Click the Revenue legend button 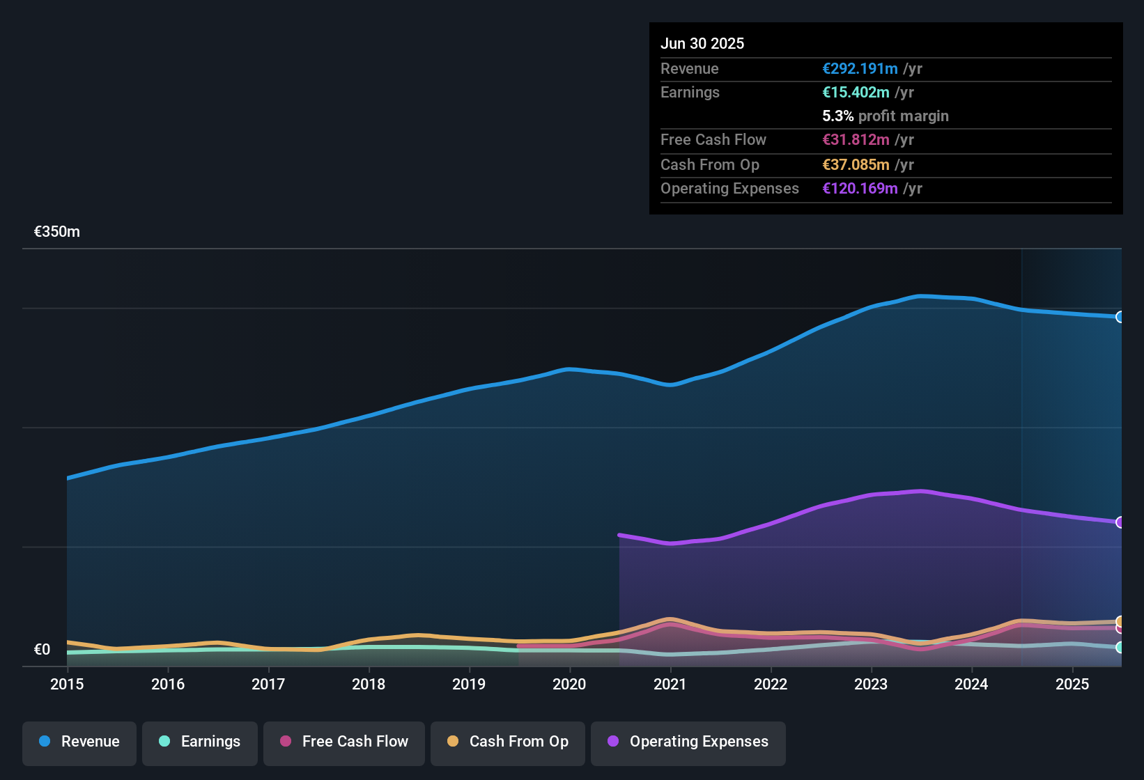point(79,742)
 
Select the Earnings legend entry point(200,742)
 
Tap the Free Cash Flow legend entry point(344,742)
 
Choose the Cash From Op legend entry point(508,742)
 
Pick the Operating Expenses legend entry point(688,742)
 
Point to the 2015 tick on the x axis point(67,684)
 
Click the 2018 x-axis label point(369,684)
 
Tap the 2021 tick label point(670,684)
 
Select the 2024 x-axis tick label point(971,684)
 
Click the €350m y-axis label point(57,232)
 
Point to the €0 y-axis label point(42,650)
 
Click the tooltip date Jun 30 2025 point(702,44)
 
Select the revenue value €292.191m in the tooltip point(860,69)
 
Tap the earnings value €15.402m point(856,93)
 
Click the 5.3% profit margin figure point(837,116)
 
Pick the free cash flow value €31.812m point(856,140)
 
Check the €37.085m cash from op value point(856,165)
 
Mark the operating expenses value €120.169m point(860,189)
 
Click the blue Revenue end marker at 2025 point(1120,317)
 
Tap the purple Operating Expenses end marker point(1120,522)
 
